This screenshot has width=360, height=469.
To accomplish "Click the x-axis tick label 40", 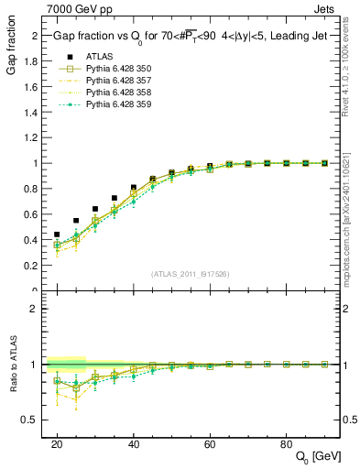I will [x=134, y=443].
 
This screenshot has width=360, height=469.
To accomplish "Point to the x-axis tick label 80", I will [x=286, y=443].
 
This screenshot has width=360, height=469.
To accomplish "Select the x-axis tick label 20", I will [x=57, y=443].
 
